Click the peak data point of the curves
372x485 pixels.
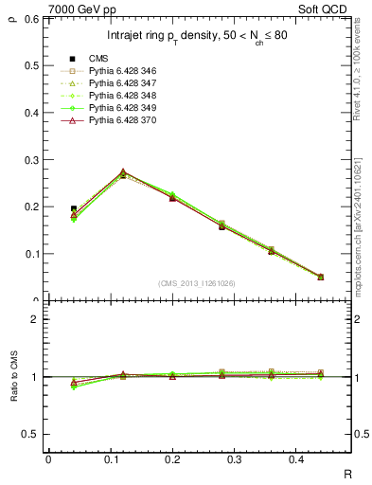[x=123, y=173]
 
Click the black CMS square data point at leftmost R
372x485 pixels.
[x=74, y=208]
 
